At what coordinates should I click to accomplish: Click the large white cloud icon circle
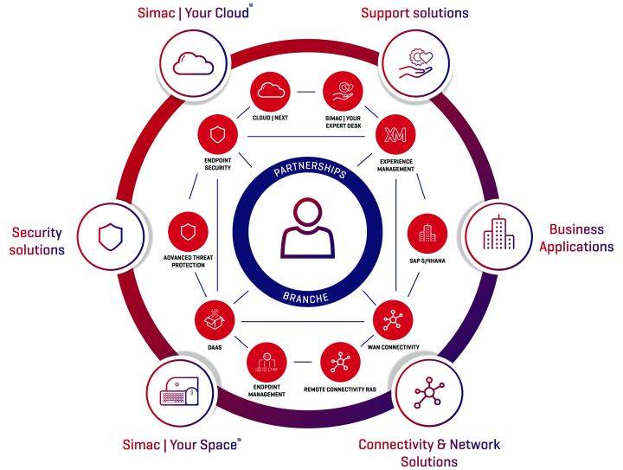(x=193, y=63)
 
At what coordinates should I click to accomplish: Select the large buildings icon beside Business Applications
(x=494, y=234)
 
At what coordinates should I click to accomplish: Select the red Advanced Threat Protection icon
(x=189, y=232)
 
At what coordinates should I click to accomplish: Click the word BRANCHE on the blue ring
(x=309, y=299)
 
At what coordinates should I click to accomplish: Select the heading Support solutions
(x=414, y=13)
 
